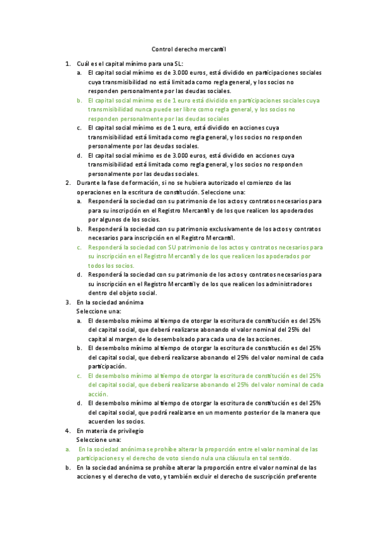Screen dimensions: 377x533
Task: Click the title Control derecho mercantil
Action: pyautogui.click(x=189, y=49)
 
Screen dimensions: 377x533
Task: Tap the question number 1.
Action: pyautogui.click(x=68, y=64)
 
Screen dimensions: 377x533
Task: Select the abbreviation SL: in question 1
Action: pyautogui.click(x=176, y=64)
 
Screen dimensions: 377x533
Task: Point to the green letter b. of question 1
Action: pyautogui.click(x=79, y=101)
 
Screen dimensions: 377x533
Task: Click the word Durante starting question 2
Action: pyautogui.click(x=89, y=183)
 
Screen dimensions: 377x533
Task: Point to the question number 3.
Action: pyautogui.click(x=68, y=302)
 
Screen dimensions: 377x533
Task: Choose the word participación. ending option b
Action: pyautogui.click(x=108, y=366)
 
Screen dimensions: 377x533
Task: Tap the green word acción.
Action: pyautogui.click(x=99, y=393)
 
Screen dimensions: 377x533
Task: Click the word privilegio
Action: pyautogui.click(x=127, y=431)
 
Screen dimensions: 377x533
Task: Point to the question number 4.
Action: pyautogui.click(x=68, y=431)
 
